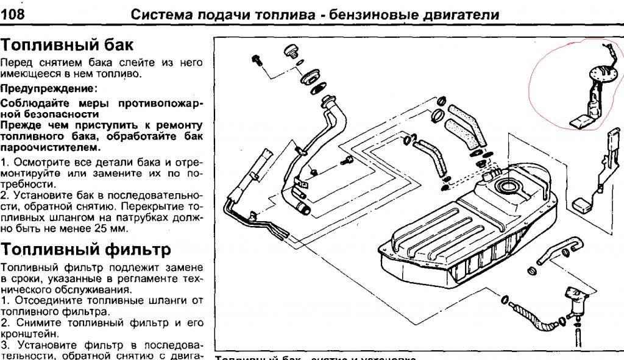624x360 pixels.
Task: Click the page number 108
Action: (13, 15)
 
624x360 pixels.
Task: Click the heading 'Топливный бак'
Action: (66, 44)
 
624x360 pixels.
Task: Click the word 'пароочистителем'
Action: (48, 148)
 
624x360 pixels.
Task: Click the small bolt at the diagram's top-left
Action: (257, 60)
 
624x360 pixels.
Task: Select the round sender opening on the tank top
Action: (508, 186)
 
